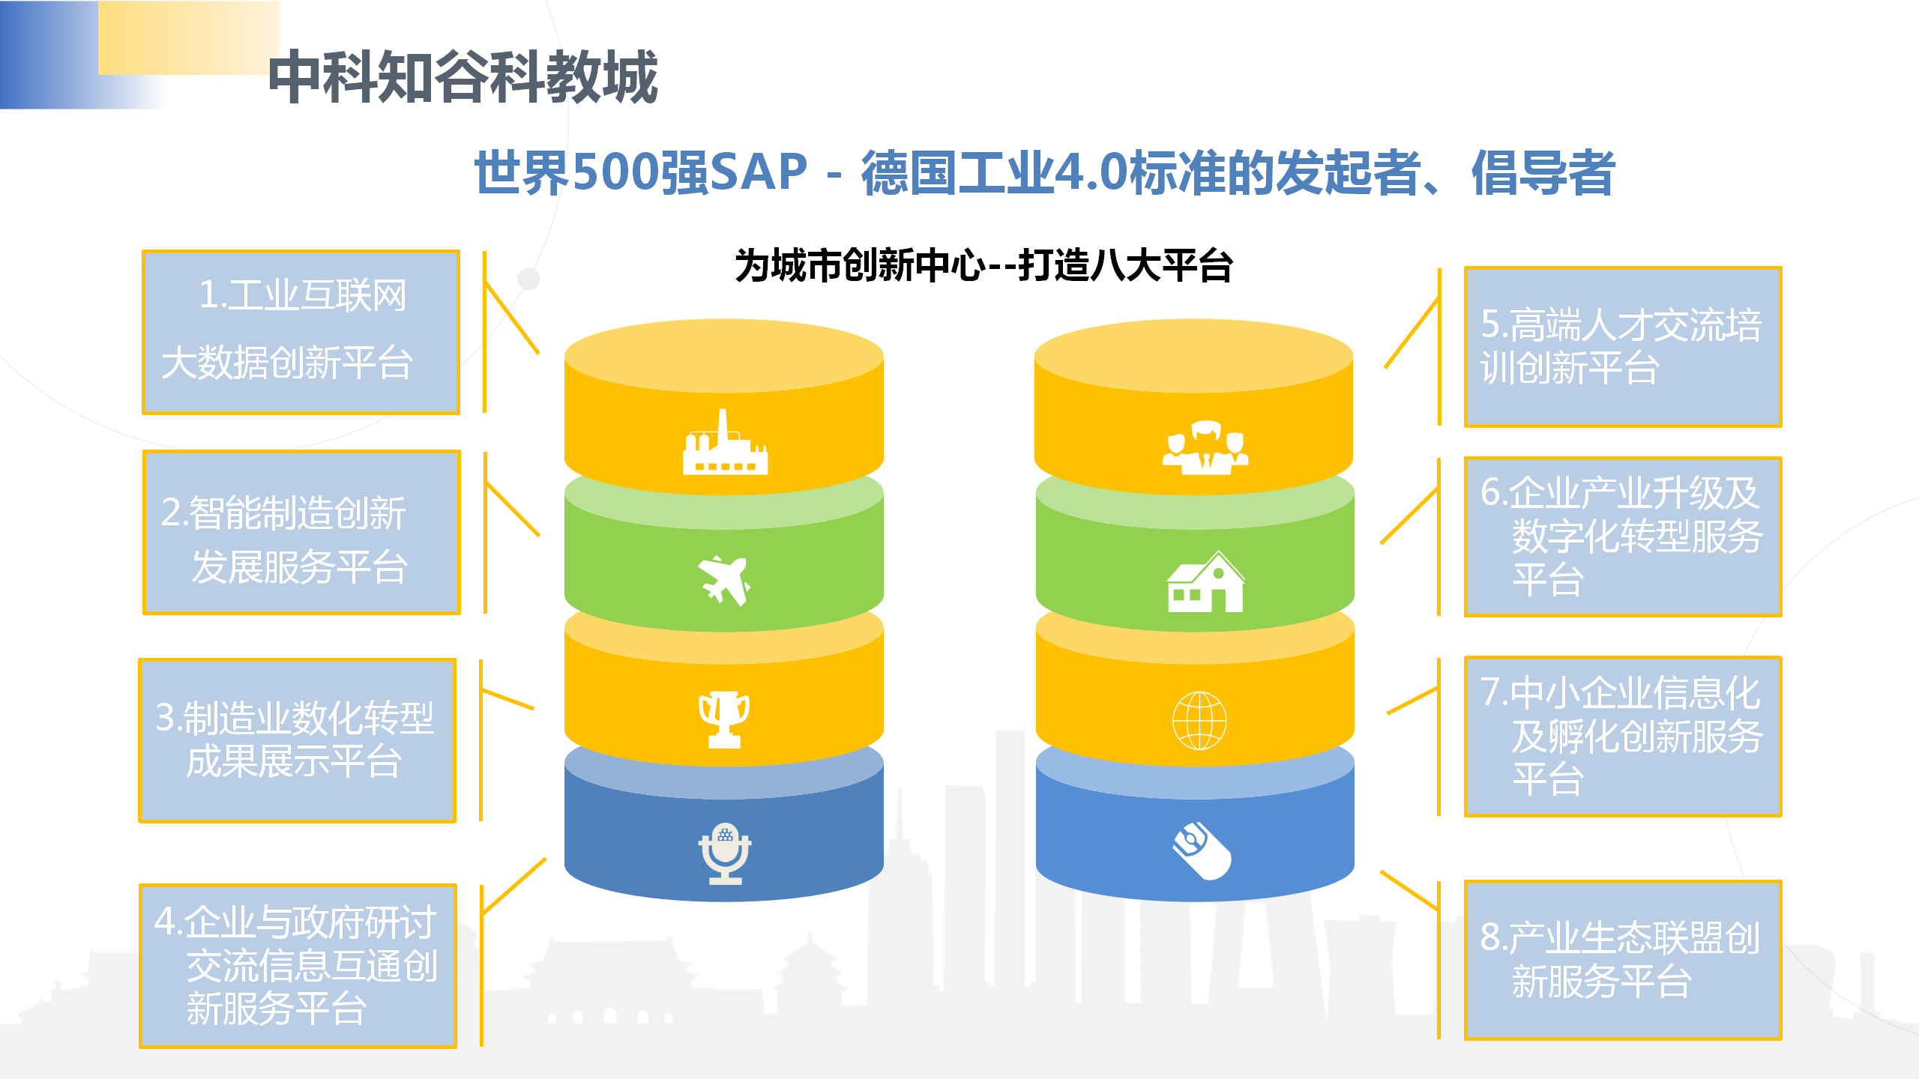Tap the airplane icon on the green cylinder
pos(724,579)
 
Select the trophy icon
pos(724,719)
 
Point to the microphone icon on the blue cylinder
pos(725,853)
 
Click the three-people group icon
pos(1205,447)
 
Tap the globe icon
pos(1199,721)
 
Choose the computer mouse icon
pos(1202,850)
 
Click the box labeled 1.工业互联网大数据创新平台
pos(301,332)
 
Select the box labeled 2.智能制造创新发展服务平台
pos(301,532)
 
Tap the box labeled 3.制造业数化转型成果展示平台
pos(298,740)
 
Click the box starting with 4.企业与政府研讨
pos(298,966)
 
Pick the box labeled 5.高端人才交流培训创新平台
pos(1623,347)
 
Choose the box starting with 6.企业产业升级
pos(1623,537)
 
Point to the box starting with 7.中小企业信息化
pos(1623,737)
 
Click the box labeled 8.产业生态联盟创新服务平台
pos(1623,961)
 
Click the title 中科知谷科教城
pos(463,76)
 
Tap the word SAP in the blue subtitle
pos(757,172)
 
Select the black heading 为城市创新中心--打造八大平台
pos(983,266)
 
